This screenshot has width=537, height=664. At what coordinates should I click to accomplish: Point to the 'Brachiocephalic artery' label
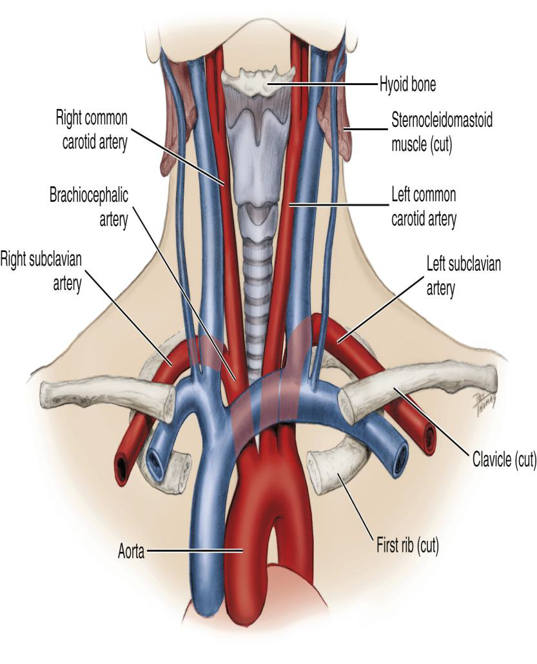91,206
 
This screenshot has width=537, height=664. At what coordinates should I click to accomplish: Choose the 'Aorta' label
130,551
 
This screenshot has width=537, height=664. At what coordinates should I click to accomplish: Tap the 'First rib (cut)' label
408,547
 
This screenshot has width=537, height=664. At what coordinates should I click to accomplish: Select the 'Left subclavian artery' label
464,276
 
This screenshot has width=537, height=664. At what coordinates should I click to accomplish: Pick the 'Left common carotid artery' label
424,206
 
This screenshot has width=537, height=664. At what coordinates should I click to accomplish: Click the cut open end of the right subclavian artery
122,469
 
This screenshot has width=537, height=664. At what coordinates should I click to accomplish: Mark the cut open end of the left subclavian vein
398,456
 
